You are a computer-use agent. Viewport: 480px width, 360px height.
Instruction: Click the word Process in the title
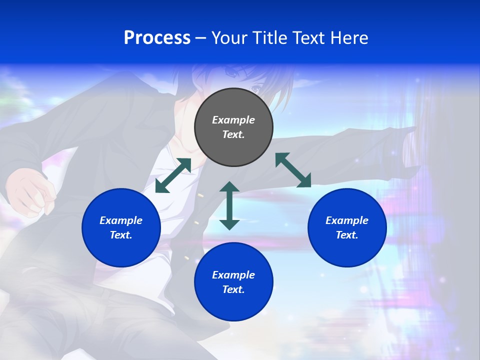tap(157, 37)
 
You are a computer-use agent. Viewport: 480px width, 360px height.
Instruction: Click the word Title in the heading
tap(270, 38)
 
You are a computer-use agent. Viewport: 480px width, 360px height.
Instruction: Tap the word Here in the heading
tap(348, 38)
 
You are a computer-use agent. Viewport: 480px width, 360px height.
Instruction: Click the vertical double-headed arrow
tap(229, 205)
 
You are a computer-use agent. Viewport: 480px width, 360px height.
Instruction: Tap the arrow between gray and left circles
tap(173, 175)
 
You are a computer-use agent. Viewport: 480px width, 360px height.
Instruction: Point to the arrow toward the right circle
tap(293, 170)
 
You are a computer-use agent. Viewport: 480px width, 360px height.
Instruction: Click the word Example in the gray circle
tap(233, 120)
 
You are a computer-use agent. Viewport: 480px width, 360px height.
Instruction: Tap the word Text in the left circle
tap(121, 235)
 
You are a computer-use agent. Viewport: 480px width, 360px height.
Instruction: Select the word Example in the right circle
tap(347, 220)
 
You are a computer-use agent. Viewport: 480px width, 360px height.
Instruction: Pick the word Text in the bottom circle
tap(233, 289)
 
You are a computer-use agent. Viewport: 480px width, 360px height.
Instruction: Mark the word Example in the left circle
tap(121, 220)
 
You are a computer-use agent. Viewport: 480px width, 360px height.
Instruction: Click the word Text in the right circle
tap(347, 235)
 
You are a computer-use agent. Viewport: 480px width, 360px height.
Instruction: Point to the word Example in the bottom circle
tap(233, 275)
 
